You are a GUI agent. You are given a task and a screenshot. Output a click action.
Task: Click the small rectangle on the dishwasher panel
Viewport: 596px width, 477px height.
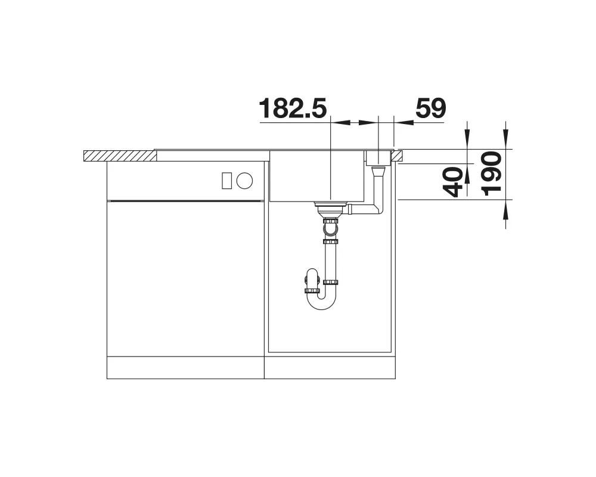(227, 180)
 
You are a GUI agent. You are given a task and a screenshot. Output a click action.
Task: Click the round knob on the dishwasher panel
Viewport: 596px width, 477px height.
(244, 180)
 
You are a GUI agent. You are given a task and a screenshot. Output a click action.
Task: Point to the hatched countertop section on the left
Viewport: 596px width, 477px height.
(120, 156)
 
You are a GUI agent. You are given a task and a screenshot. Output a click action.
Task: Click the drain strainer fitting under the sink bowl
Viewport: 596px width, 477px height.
(330, 209)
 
